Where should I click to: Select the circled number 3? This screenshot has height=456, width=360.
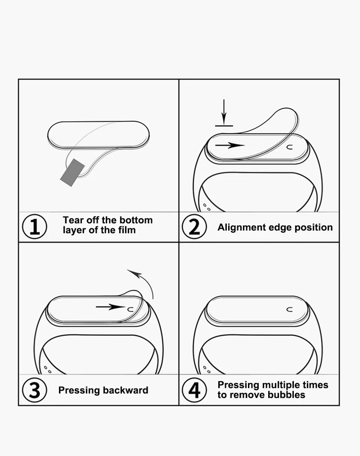34,390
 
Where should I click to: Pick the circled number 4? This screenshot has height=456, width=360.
194,390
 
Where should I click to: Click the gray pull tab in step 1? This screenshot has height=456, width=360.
72,171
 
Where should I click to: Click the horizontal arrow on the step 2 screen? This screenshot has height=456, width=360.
229,145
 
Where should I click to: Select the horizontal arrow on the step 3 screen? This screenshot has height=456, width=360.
110,307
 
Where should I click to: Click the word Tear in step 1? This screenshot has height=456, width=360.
73,220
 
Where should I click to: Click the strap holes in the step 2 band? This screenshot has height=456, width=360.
207,208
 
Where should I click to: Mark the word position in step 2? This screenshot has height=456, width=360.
314,227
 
